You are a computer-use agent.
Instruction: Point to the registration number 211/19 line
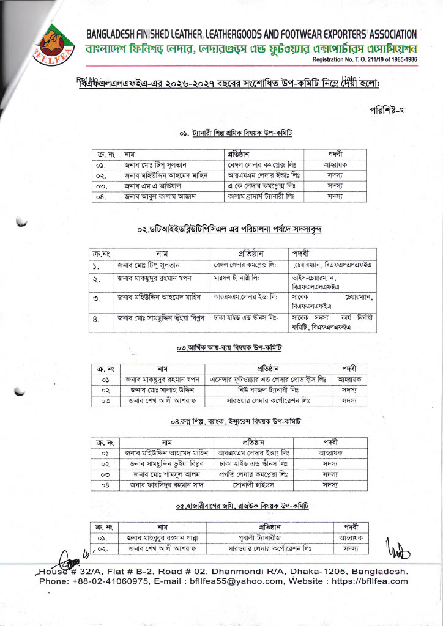(365, 60)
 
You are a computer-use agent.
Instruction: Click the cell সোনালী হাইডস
(253, 485)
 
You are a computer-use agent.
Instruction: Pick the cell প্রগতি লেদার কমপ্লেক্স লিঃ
(253, 474)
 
